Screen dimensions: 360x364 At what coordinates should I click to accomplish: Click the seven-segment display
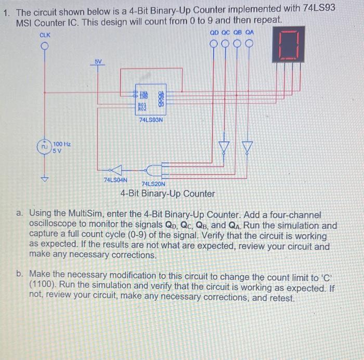click(288, 45)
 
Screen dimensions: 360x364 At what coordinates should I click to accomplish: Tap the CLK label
click(45, 34)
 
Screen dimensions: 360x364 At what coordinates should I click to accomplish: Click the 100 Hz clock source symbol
click(45, 147)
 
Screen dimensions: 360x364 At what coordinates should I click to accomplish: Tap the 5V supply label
click(98, 61)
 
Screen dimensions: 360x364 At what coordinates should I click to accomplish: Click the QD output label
click(214, 32)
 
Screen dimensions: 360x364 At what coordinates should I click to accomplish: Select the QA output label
click(250, 32)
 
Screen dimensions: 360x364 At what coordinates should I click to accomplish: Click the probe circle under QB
click(238, 43)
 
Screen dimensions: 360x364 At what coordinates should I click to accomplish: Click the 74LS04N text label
click(115, 180)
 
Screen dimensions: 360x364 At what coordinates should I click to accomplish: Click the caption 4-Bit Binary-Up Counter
click(167, 194)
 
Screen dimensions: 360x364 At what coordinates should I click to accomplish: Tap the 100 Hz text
click(62, 144)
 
